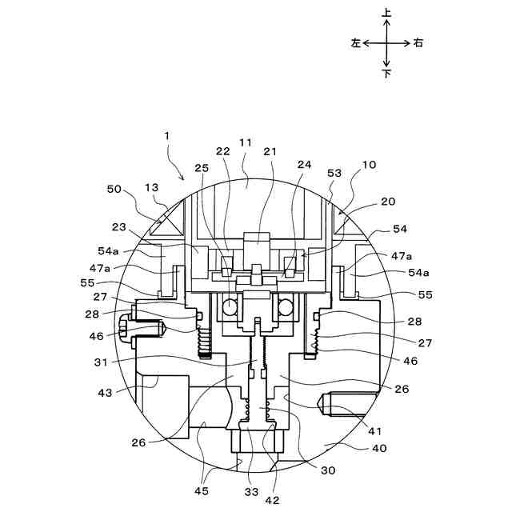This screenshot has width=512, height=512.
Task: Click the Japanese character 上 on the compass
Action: [x=387, y=14]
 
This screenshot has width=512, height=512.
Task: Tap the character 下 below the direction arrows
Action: [x=387, y=74]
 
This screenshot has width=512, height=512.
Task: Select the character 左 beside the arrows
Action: [x=356, y=43]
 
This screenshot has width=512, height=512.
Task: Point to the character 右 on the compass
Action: [x=418, y=43]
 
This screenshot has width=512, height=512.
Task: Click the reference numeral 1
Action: [x=167, y=136]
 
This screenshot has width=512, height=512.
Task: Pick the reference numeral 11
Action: [x=246, y=142]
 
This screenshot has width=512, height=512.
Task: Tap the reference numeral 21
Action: [x=270, y=152]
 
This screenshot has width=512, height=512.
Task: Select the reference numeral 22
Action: [x=222, y=152]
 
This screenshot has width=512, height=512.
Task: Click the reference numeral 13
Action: [x=151, y=186]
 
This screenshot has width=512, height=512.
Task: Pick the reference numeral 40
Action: [x=378, y=448]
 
